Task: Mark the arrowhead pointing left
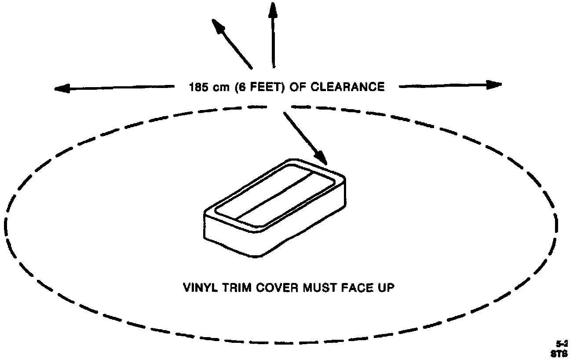(x=62, y=88)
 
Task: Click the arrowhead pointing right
(x=494, y=84)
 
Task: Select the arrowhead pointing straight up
(x=273, y=10)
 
